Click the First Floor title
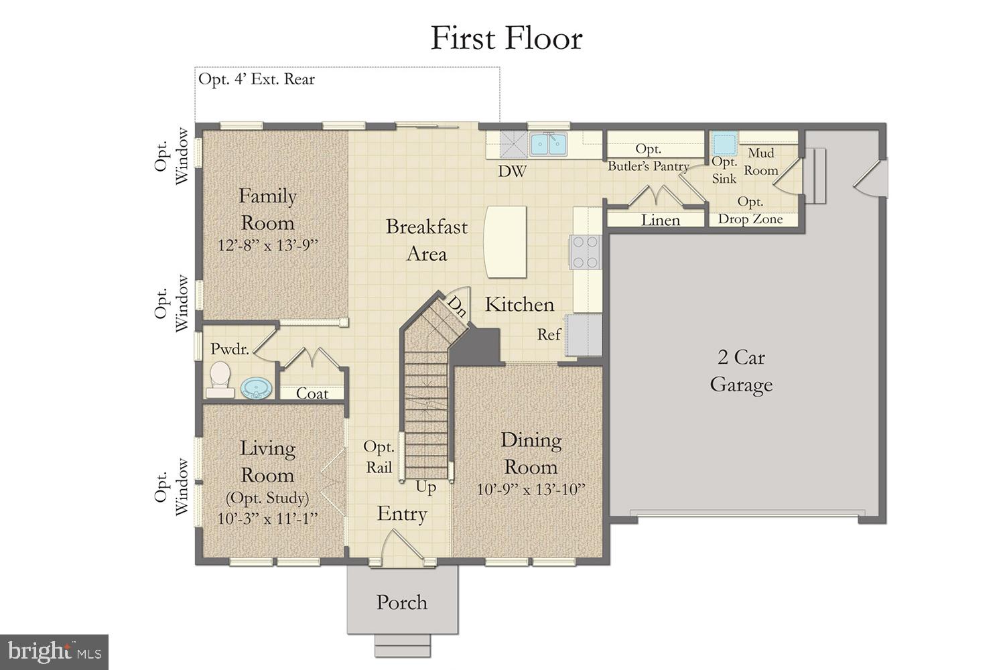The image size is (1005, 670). point(506,38)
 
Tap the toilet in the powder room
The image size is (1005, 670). point(219,379)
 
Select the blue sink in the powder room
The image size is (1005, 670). point(255,388)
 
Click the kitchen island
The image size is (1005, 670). point(505,242)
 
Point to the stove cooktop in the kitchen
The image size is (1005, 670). point(584,253)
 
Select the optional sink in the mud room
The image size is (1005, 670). point(724,144)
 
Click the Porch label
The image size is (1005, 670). point(401,602)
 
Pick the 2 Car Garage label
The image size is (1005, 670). point(741,371)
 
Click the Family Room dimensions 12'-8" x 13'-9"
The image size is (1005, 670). point(267,245)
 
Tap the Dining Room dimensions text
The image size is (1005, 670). point(531,489)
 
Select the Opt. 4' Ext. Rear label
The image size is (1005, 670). point(257,79)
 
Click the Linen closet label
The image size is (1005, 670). point(660,220)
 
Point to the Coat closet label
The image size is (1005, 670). point(312,393)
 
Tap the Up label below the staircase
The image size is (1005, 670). point(425,487)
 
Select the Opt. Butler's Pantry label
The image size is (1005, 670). point(648,157)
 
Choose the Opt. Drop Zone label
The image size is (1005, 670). point(750,210)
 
